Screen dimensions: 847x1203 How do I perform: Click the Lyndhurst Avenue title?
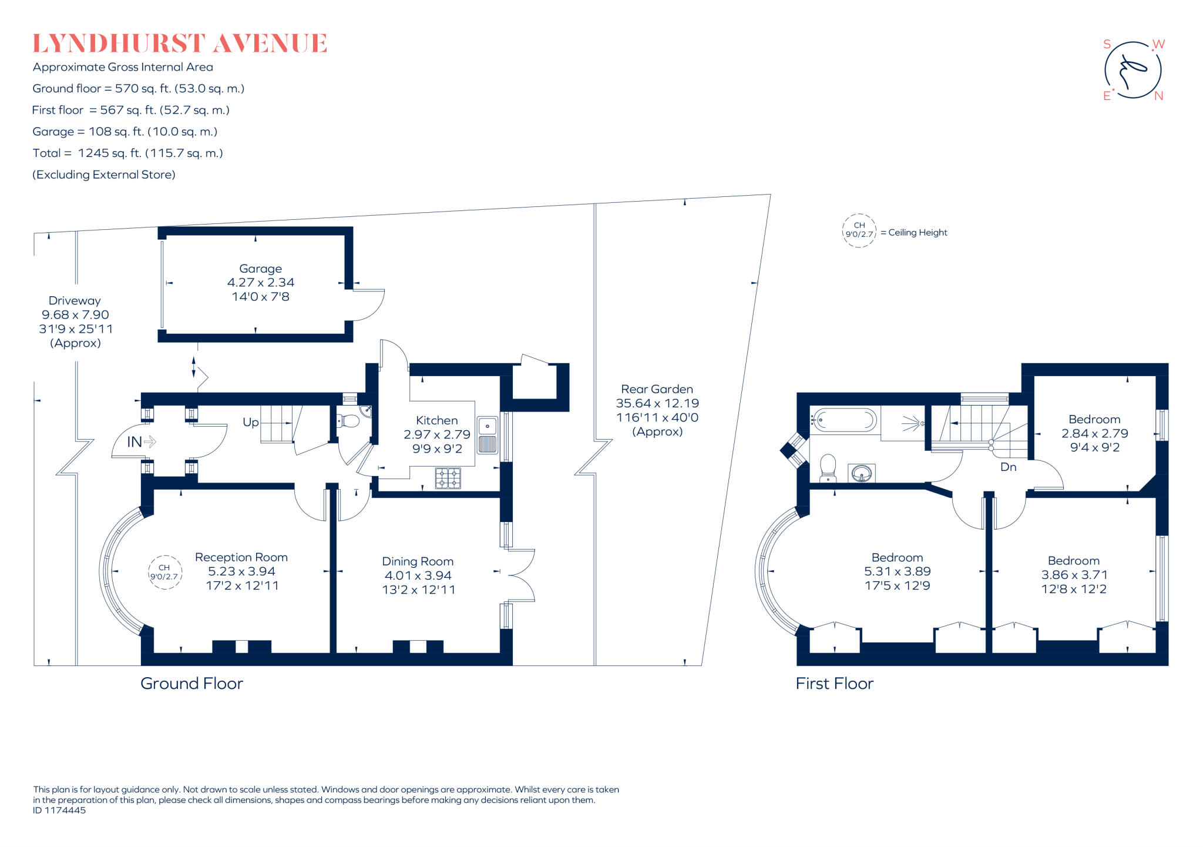point(179,43)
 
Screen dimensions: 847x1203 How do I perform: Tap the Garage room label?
point(260,269)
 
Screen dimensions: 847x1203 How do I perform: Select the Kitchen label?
point(436,420)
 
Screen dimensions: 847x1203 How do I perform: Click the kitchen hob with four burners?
point(448,478)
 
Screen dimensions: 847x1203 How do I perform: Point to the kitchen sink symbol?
point(487,435)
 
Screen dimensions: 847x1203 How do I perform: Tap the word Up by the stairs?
point(251,422)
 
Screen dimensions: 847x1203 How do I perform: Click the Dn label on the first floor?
point(1008,467)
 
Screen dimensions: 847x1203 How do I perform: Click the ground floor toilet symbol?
point(348,421)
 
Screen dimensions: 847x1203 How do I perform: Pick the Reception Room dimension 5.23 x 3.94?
point(241,571)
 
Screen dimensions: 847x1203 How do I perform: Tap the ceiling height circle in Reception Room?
point(164,573)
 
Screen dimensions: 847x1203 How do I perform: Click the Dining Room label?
point(418,561)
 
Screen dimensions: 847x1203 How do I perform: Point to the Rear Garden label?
point(657,389)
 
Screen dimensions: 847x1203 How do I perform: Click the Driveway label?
point(75,300)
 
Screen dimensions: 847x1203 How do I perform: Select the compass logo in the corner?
point(1133,70)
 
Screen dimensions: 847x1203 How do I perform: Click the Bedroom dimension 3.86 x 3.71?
point(1074,575)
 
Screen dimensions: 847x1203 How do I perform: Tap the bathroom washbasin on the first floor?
point(862,473)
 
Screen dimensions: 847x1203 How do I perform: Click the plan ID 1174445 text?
point(59,810)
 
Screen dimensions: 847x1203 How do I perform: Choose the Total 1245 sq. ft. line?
point(127,153)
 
